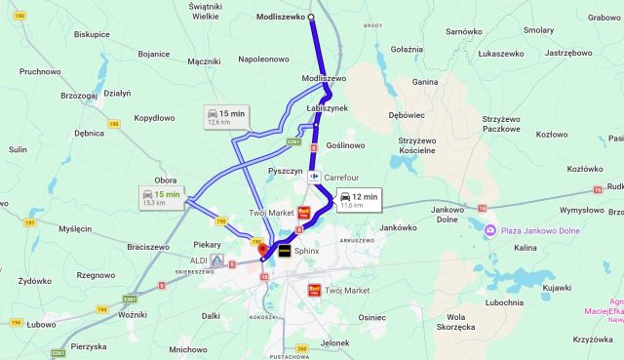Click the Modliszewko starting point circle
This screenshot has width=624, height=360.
311,18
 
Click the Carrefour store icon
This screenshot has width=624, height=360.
316,178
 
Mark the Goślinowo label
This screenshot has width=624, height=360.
345,145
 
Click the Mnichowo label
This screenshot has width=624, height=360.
187,348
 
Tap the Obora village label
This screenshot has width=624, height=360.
166,180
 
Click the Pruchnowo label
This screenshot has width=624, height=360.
40,71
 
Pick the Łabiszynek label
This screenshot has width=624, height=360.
327,107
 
